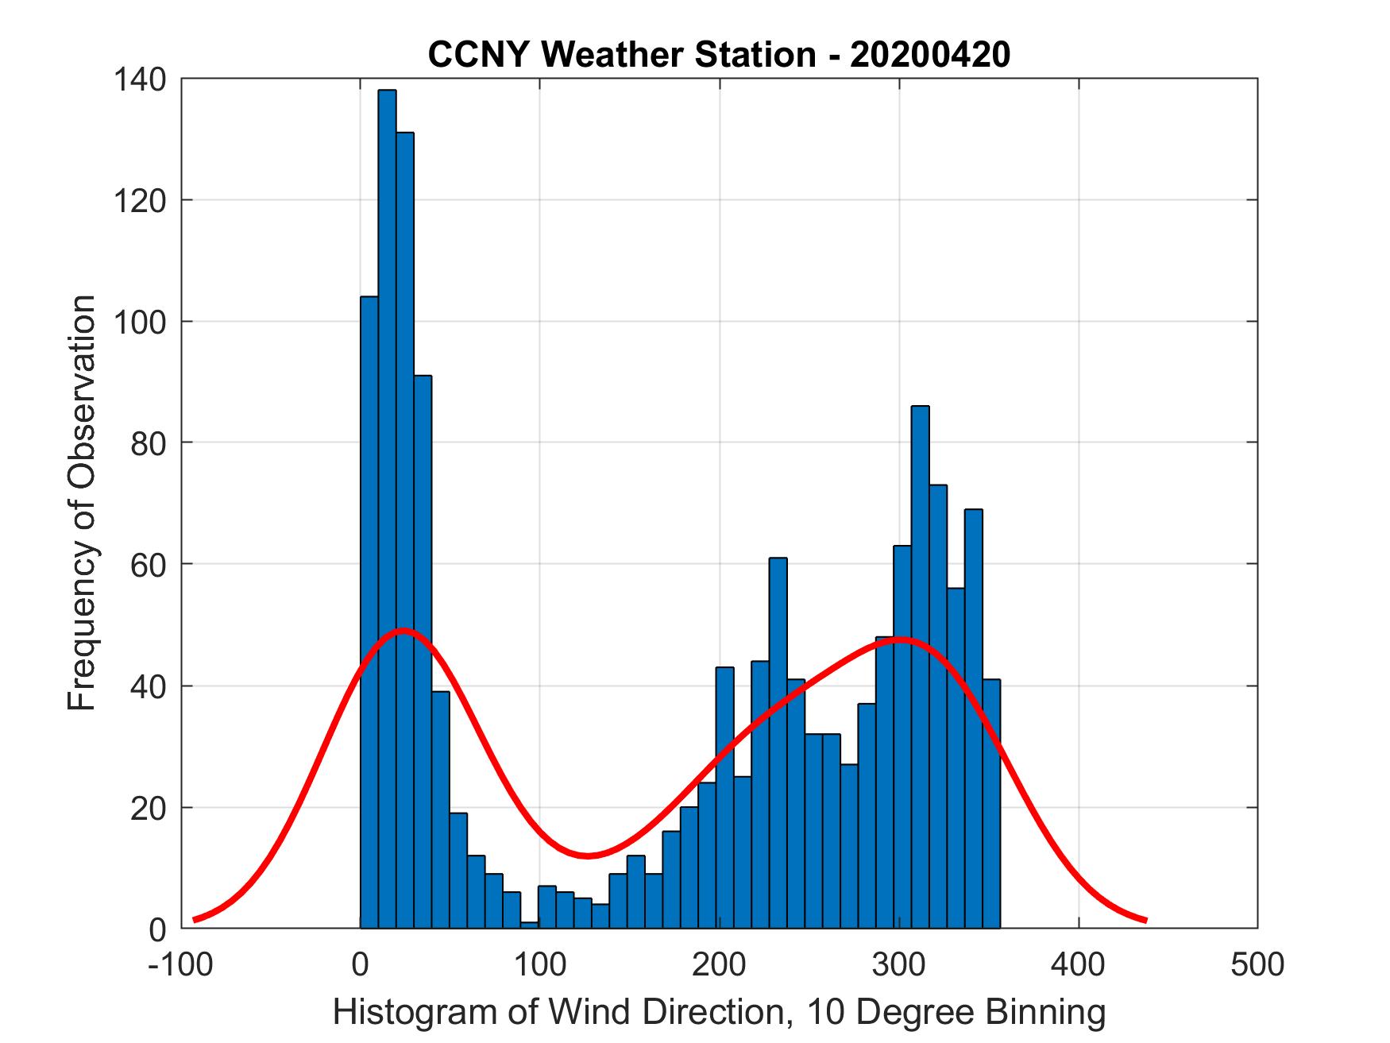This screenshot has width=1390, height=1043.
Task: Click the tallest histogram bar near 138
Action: [x=387, y=508]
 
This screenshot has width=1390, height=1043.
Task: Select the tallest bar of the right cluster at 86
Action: [x=920, y=667]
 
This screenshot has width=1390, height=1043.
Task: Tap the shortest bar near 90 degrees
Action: [x=530, y=925]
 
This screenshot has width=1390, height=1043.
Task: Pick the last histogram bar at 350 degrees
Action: [x=990, y=802]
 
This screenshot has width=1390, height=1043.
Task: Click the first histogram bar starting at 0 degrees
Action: [x=369, y=612]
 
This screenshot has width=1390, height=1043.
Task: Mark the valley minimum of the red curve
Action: [x=587, y=856]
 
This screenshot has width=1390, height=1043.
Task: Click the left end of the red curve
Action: [x=195, y=919]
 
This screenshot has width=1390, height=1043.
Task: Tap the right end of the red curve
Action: [x=1145, y=920]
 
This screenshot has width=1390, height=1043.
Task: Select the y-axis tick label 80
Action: [x=151, y=442]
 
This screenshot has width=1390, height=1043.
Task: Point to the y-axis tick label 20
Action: [x=151, y=807]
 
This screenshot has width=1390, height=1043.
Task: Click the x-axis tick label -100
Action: [x=180, y=964]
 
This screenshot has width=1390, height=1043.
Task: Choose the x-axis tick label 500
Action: [x=1257, y=964]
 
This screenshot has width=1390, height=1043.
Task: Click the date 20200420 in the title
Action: [x=930, y=55]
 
